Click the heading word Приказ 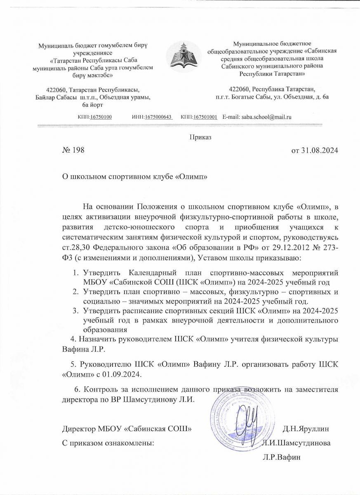click(200, 137)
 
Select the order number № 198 click(73, 150)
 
